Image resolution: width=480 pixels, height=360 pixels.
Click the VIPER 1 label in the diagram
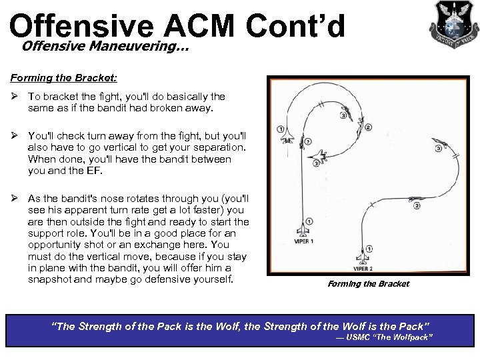pos(303,241)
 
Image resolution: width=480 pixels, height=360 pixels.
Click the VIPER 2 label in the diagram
pos(363,269)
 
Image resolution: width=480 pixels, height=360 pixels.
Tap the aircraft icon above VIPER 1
pos(303,229)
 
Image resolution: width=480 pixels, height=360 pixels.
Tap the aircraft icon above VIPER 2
pos(363,255)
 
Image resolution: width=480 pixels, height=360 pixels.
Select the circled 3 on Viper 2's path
pos(438,149)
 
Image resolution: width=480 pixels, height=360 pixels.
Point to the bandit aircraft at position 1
pos(288,137)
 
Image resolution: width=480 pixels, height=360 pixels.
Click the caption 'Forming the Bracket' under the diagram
pos(369,284)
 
